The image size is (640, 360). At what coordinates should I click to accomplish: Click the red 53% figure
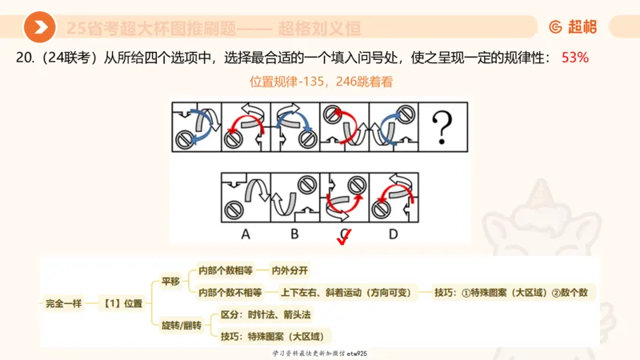click(575, 58)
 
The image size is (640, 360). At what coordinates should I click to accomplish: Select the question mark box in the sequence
click(444, 126)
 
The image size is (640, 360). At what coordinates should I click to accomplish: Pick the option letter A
click(246, 234)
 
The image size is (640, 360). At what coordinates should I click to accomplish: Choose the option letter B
click(294, 234)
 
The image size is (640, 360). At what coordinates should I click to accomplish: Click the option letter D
click(393, 234)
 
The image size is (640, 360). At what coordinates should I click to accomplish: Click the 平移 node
click(171, 282)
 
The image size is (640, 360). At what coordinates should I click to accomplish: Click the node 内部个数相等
click(225, 270)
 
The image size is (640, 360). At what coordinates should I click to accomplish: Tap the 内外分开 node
click(290, 270)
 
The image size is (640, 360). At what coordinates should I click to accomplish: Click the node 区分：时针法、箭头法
click(266, 315)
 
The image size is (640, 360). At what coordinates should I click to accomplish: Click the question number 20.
click(23, 58)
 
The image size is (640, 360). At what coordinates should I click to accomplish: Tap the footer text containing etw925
click(319, 353)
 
